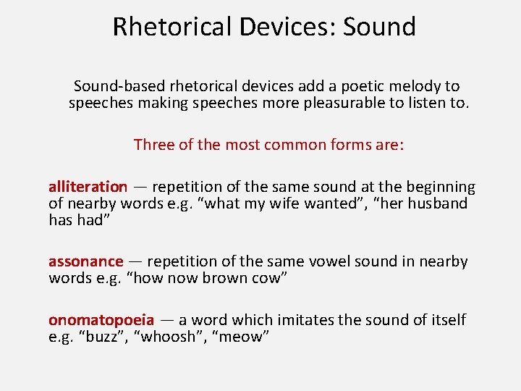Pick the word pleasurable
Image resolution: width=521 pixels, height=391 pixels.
point(345,103)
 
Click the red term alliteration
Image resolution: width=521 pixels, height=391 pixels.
point(88,188)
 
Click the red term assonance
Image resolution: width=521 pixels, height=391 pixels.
point(85,261)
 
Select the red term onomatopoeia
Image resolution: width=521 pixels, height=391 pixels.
point(101,320)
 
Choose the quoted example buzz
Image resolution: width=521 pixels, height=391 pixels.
point(96,337)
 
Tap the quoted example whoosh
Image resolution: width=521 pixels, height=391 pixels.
point(168,337)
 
